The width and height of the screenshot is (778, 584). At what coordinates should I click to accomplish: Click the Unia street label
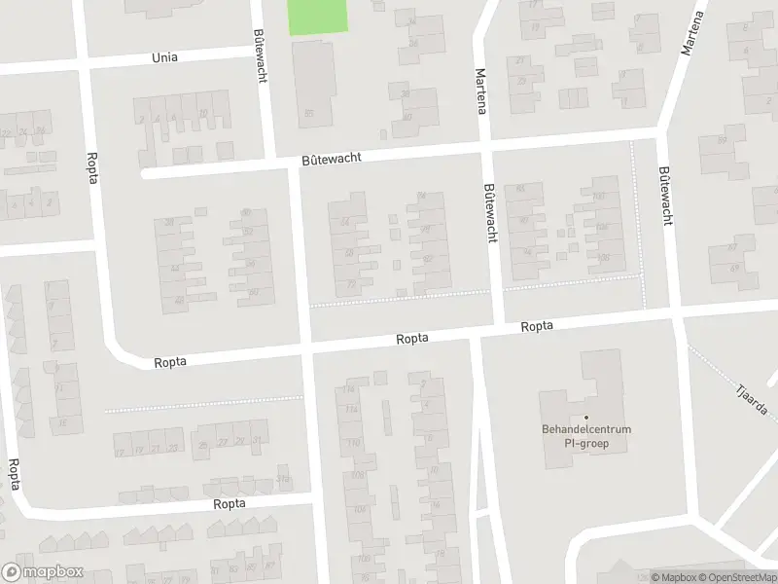(x=165, y=57)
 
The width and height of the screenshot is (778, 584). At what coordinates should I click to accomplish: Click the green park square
(x=318, y=18)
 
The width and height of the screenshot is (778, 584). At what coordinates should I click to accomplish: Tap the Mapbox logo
(x=42, y=572)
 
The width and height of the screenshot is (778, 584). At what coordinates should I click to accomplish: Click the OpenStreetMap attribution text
(x=737, y=577)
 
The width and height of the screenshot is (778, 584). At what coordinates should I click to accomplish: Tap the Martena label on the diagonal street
(x=693, y=34)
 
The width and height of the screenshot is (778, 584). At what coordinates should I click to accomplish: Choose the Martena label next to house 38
(x=479, y=92)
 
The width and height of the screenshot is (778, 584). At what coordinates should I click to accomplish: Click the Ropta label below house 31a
(x=230, y=504)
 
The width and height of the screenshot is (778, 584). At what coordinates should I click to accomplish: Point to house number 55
(x=309, y=114)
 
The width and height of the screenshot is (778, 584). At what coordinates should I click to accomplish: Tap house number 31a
(x=283, y=477)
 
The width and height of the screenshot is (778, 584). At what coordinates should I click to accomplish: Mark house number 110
(x=352, y=443)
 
